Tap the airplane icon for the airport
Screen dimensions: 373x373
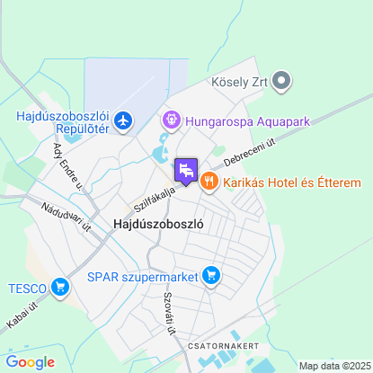click(123, 120)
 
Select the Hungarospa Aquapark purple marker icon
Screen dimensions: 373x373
click(170, 119)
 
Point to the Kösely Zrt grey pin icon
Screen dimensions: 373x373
click(281, 82)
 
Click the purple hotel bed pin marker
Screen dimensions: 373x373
click(186, 170)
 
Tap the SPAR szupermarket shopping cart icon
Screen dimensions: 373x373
click(211, 274)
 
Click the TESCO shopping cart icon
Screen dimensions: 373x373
click(61, 288)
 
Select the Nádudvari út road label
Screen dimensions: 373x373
click(67, 216)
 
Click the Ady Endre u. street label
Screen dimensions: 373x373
click(67, 165)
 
